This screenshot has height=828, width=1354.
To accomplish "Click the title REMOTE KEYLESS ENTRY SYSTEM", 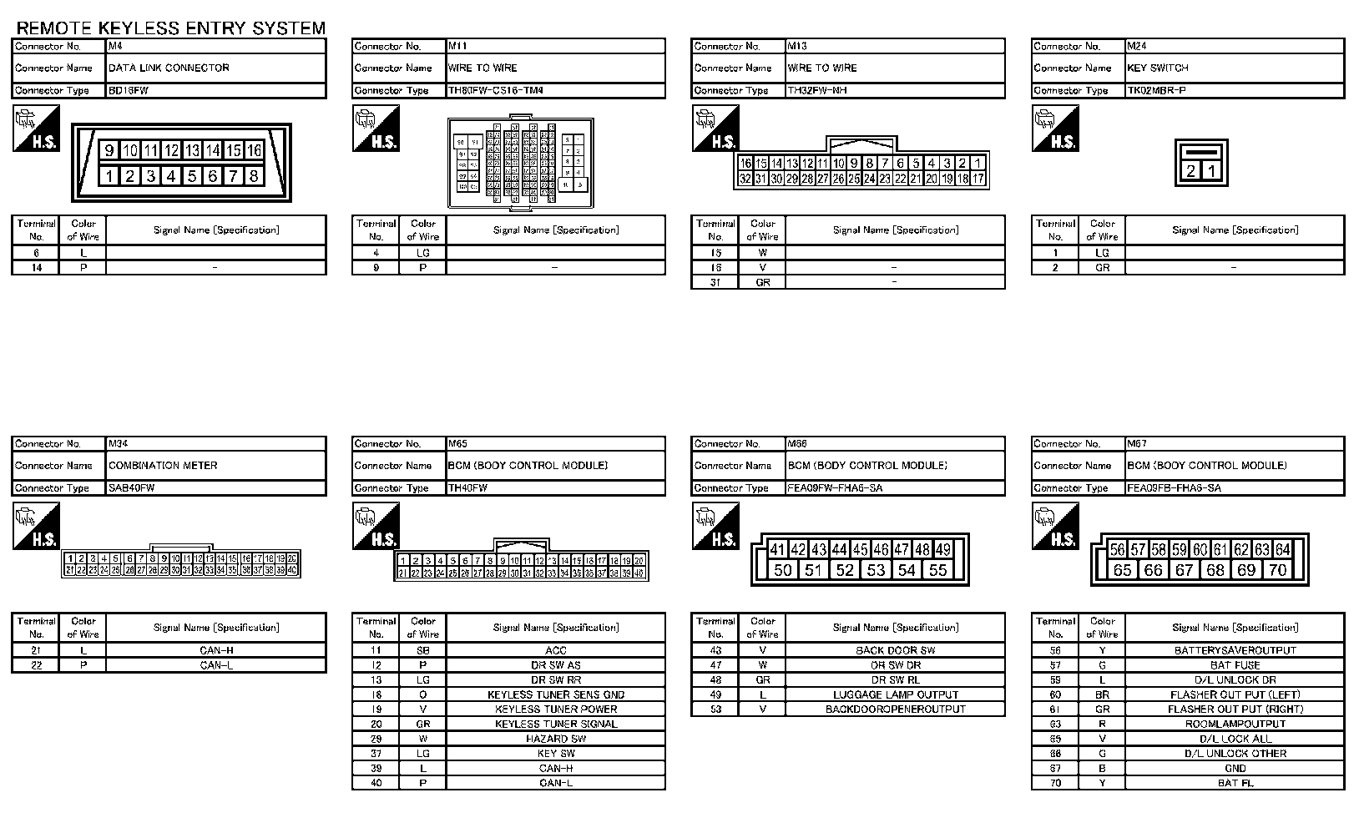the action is [x=171, y=28].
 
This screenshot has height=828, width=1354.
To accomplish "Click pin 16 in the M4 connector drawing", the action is [x=255, y=150].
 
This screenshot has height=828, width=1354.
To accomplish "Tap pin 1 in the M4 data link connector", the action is [x=109, y=176].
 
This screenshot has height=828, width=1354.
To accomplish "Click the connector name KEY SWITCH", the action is [x=1157, y=68].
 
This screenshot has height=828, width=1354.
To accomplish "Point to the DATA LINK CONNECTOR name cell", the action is [x=169, y=68].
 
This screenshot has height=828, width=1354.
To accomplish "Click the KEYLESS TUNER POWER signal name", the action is [x=556, y=709].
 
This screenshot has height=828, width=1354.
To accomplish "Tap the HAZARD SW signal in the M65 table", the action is [x=556, y=739].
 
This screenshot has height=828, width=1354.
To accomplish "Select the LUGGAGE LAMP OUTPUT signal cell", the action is [x=896, y=694].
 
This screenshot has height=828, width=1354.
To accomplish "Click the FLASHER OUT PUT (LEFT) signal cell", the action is [x=1235, y=694].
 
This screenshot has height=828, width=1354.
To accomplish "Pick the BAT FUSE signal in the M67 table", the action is [x=1235, y=665].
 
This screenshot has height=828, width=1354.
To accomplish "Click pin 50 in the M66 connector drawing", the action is [x=783, y=570].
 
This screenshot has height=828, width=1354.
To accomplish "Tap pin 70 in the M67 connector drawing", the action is [x=1277, y=570].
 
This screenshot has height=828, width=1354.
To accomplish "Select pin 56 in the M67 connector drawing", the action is [x=1117, y=549].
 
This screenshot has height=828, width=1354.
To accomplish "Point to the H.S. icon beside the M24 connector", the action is [x=1055, y=129].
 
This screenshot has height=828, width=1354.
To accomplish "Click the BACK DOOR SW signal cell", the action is [x=896, y=650].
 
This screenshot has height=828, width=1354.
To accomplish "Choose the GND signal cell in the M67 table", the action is [x=1235, y=768].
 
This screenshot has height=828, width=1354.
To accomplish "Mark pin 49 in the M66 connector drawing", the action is [x=942, y=549].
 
